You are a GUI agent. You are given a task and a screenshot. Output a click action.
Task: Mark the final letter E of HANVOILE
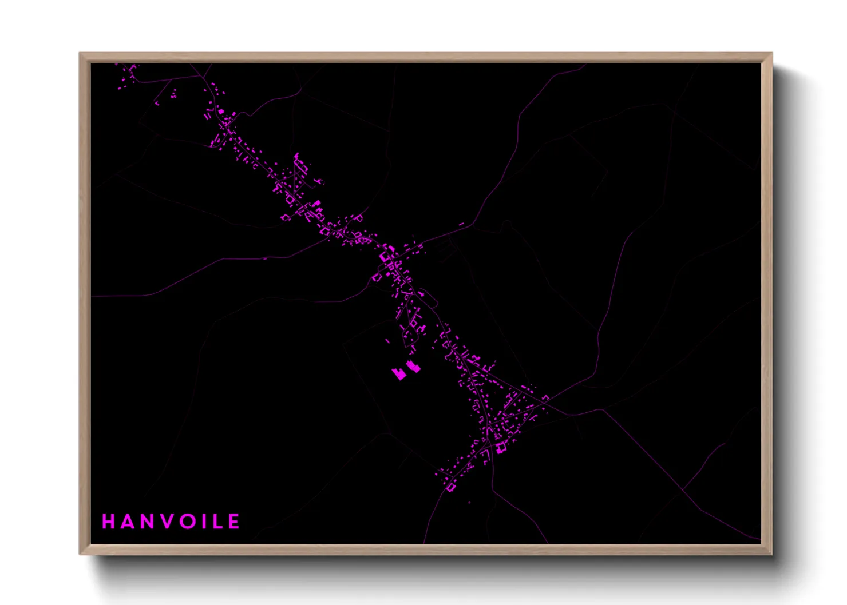(x=234, y=522)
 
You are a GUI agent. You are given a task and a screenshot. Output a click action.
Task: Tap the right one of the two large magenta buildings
(x=413, y=367)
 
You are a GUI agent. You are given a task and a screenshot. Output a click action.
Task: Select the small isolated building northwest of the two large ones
(x=387, y=341)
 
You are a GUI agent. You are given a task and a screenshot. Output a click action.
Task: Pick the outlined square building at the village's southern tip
(x=451, y=487)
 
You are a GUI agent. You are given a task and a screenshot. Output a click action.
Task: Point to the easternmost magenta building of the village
(x=545, y=397)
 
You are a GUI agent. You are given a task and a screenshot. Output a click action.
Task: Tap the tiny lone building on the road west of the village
(x=265, y=258)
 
